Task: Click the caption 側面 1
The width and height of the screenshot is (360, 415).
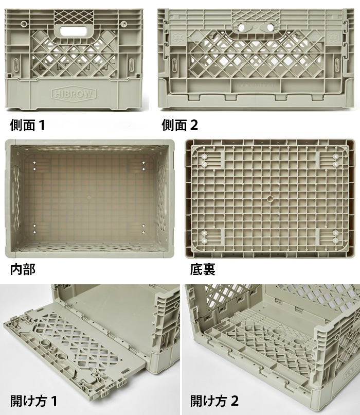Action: [x=27, y=125]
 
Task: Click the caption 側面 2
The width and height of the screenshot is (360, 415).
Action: [x=179, y=125]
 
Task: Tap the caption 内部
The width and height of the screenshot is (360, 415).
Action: [x=23, y=269]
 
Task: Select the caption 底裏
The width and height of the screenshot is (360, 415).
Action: [x=203, y=269]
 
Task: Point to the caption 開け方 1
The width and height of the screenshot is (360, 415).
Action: [x=33, y=401]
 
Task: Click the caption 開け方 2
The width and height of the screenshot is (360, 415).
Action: [x=214, y=401]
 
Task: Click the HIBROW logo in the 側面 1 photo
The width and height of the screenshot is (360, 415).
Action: [x=74, y=93]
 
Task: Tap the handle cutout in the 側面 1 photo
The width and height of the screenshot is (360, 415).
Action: [x=74, y=31]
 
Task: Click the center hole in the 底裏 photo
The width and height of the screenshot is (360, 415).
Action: [x=270, y=198]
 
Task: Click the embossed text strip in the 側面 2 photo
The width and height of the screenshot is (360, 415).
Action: [x=256, y=85]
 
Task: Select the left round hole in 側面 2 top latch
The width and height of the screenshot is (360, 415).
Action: [x=241, y=27]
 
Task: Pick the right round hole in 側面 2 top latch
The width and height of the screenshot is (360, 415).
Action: [x=270, y=27]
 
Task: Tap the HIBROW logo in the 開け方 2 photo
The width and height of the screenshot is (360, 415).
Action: [x=352, y=371]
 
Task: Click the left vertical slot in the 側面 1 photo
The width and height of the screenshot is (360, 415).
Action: [x=16, y=64]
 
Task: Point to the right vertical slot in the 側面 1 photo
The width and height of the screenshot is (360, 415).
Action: [x=131, y=64]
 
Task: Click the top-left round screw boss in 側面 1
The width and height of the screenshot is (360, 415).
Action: [x=23, y=24]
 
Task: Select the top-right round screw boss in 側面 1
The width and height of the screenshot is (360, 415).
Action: [x=123, y=24]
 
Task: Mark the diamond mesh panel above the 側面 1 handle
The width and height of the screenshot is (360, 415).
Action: [x=74, y=16]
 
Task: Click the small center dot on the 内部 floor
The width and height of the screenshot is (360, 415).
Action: [x=89, y=197]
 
